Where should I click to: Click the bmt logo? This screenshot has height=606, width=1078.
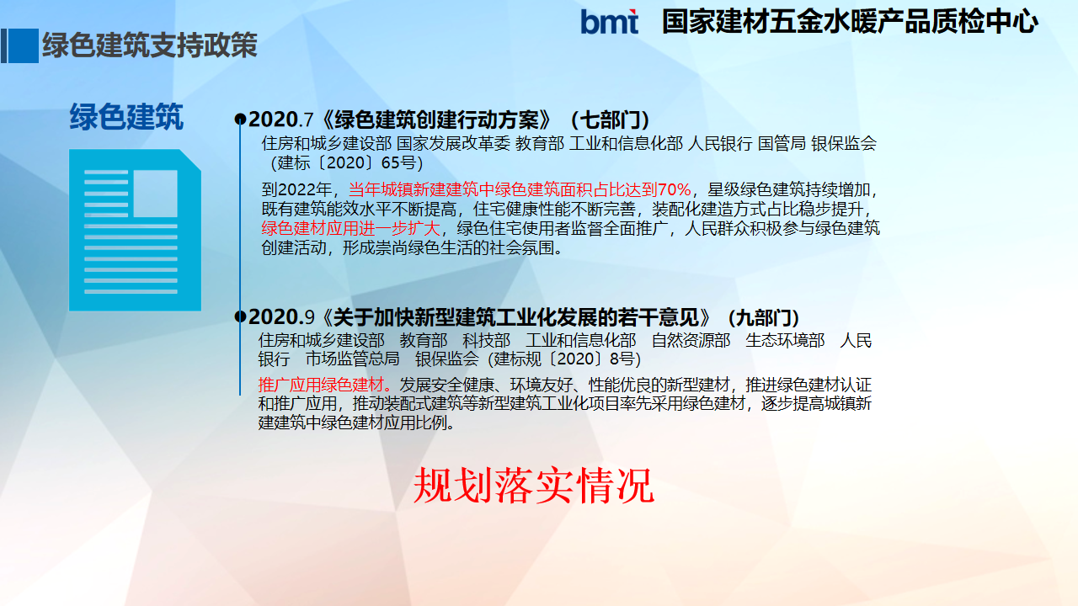(x=609, y=22)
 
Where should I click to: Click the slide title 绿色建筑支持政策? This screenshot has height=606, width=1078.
(x=150, y=45)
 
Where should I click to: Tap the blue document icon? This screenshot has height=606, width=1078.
(x=136, y=230)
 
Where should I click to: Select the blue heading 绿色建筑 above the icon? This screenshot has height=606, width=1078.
(x=126, y=117)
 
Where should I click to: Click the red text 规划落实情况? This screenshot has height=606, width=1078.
(x=534, y=486)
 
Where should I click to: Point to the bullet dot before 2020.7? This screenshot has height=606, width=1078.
(x=240, y=120)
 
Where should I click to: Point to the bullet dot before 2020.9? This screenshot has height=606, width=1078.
(x=240, y=316)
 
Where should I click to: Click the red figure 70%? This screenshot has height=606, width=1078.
(x=675, y=189)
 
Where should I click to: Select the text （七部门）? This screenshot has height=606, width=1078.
(x=610, y=120)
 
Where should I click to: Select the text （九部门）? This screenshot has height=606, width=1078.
(x=763, y=317)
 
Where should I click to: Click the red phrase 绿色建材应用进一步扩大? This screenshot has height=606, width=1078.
(x=351, y=228)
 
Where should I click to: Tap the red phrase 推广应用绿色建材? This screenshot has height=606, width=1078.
(x=321, y=385)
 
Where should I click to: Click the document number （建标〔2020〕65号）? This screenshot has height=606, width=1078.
(x=346, y=162)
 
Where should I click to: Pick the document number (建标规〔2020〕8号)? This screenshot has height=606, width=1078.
(x=564, y=359)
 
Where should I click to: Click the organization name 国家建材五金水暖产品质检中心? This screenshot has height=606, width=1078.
(x=850, y=22)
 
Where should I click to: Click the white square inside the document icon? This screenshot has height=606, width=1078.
(x=155, y=194)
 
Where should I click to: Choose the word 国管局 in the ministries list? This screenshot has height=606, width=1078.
(x=782, y=143)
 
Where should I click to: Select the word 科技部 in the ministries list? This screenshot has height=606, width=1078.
(x=486, y=340)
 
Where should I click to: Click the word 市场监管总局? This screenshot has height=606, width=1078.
(x=352, y=359)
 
